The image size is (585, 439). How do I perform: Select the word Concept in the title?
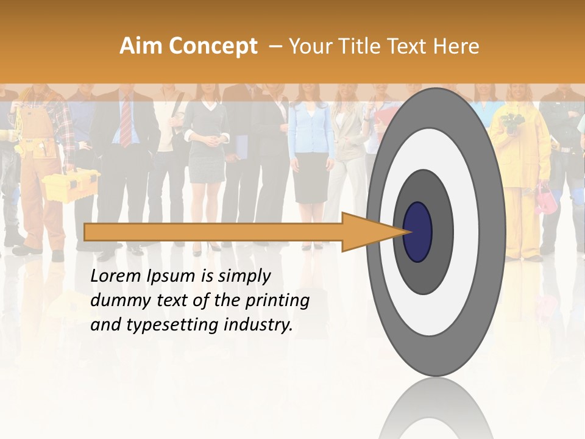(213, 47)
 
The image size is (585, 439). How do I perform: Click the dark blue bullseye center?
(418, 232)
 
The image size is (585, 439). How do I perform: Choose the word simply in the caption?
(244, 276)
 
